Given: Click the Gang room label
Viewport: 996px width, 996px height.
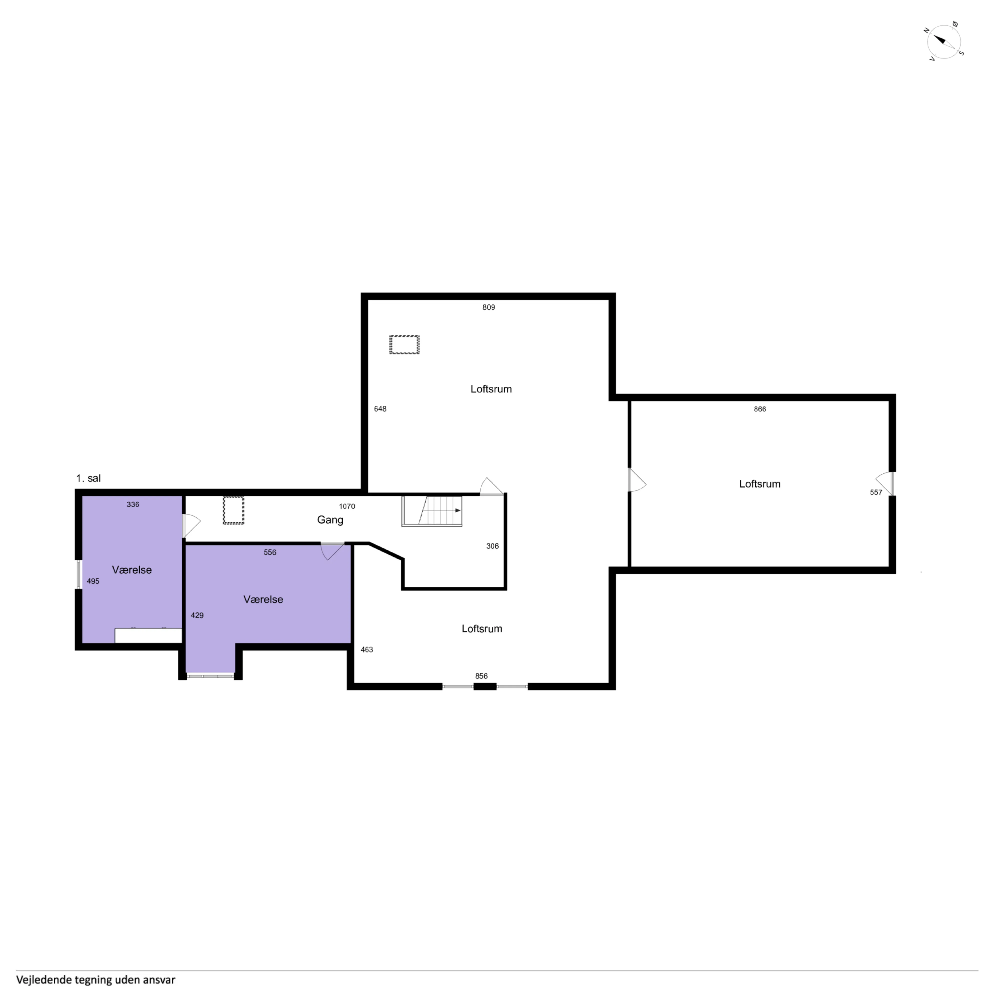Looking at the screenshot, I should (330, 520).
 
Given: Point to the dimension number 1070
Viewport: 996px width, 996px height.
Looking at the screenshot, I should (347, 506).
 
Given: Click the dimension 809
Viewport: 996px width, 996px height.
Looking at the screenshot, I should (488, 307).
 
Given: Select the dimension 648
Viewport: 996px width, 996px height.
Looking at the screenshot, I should (380, 409).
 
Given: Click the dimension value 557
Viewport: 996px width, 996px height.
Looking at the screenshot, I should (876, 492).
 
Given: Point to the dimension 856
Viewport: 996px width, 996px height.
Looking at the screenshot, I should (481, 676).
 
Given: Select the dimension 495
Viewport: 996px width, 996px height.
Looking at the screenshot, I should (93, 581).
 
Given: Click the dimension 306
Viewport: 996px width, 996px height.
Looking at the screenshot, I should (492, 546).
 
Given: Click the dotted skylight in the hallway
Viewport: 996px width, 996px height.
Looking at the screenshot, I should (234, 510).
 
